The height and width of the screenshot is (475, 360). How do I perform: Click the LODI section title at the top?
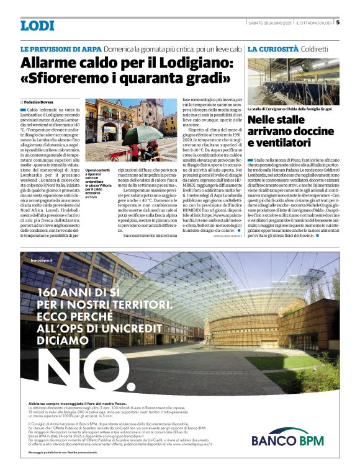37,25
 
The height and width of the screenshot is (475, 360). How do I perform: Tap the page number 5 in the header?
337,23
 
